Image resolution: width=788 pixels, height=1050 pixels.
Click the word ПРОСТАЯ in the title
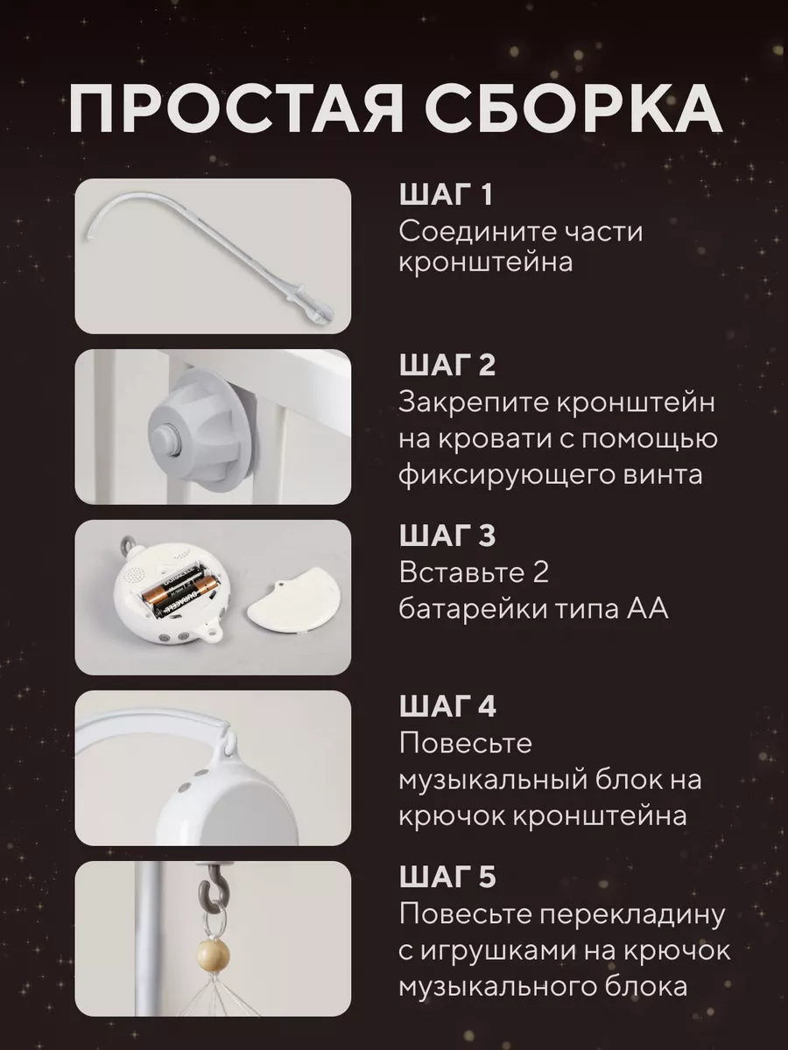pyautogui.click(x=235, y=109)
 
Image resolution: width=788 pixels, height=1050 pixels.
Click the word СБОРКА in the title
pyautogui.click(x=572, y=109)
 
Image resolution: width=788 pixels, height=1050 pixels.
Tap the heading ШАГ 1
pyautogui.click(x=446, y=195)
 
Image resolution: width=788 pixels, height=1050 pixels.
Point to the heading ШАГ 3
pyautogui.click(x=447, y=535)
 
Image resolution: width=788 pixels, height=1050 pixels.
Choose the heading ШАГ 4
pyautogui.click(x=447, y=706)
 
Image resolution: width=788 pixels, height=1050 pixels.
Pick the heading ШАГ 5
pyautogui.click(x=447, y=877)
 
